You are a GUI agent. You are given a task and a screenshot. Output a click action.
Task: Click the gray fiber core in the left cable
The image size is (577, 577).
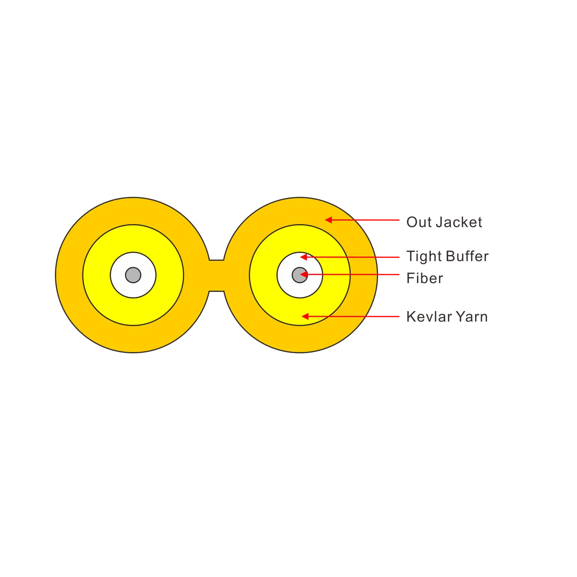tap(133, 275)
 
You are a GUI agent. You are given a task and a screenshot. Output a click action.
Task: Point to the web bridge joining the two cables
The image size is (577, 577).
tap(216, 275)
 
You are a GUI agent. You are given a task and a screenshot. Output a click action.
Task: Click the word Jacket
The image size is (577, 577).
tap(459, 222)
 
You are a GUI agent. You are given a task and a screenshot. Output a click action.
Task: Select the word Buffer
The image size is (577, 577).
tap(467, 256)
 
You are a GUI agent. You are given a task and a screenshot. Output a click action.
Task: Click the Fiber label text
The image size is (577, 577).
tap(425, 278)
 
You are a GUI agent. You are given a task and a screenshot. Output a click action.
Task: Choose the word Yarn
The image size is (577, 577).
tap(472, 317)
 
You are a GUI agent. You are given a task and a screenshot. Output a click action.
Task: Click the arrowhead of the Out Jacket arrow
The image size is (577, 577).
tap(328, 220)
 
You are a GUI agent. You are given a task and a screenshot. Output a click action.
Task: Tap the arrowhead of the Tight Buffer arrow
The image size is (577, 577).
tap(304, 257)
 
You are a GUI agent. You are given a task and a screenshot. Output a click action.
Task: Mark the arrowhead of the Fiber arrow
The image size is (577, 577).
tap(304, 274)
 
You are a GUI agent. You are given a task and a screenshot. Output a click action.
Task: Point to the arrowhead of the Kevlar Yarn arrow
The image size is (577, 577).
tap(305, 316)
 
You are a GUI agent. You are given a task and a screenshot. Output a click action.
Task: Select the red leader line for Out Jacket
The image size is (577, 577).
tap(362, 220)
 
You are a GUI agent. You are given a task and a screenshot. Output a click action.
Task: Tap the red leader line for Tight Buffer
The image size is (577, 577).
tap(350, 257)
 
